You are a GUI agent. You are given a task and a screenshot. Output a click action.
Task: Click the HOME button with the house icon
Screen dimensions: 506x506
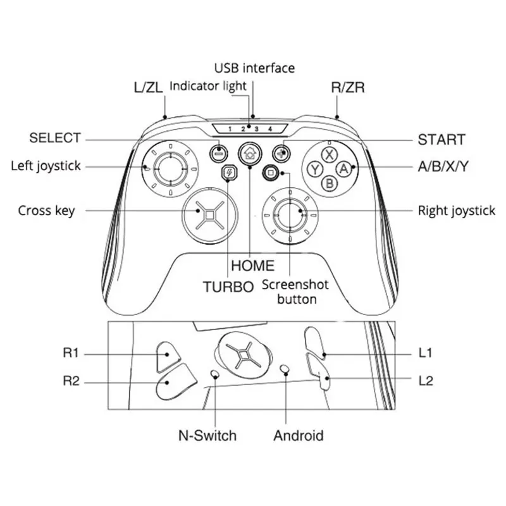tap(250, 153)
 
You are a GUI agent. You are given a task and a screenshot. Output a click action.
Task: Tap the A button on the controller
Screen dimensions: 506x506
tap(343, 169)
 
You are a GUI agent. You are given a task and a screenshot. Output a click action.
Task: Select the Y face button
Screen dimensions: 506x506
tap(314, 169)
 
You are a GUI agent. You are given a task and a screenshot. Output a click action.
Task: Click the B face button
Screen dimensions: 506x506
tap(329, 183)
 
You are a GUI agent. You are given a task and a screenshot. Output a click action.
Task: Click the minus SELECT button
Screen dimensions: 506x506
tap(218, 152)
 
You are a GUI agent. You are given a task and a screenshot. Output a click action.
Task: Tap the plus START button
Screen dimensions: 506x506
tap(280, 152)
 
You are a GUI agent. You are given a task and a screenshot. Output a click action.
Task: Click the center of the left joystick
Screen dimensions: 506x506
tap(170, 168)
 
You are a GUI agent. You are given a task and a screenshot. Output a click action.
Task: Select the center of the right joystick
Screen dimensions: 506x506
tap(289, 214)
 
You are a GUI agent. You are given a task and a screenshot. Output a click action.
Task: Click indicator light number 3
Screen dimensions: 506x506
tap(256, 129)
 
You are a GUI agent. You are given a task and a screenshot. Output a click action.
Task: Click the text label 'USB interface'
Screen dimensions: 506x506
tap(254, 68)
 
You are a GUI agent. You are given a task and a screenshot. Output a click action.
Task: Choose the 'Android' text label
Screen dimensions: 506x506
tap(298, 435)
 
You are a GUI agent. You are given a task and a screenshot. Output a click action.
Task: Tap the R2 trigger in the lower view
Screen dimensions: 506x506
tap(170, 381)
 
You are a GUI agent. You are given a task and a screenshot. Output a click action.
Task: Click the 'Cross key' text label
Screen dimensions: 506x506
tap(46, 211)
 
